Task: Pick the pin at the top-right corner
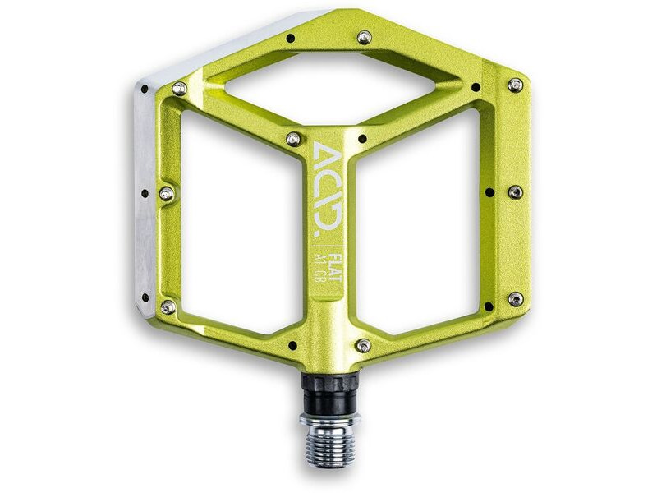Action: pos(515,85)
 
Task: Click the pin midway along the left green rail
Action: pos(167,193)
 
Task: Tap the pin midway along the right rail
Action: pos(515,192)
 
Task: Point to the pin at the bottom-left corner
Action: pos(168,306)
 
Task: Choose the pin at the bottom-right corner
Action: pos(515,299)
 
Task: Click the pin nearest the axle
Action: pos(362,346)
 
